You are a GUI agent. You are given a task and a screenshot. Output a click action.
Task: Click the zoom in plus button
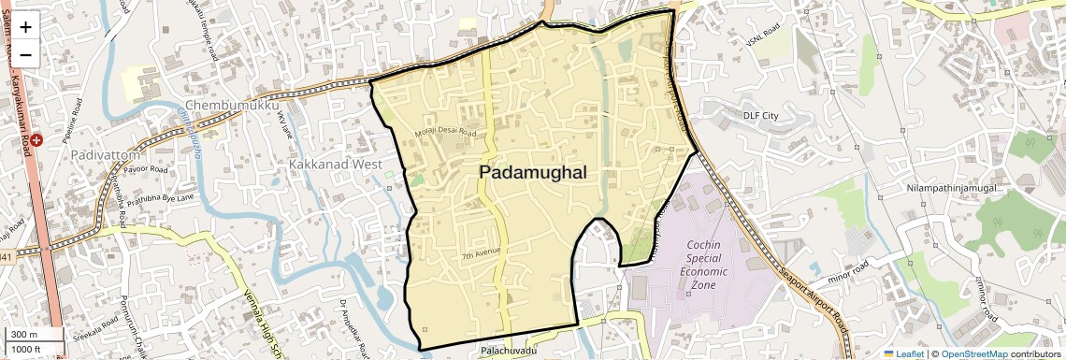pos(25,26)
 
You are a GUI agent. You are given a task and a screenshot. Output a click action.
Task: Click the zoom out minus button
pos(25,54)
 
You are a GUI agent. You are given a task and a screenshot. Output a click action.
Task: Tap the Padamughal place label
pos(533,172)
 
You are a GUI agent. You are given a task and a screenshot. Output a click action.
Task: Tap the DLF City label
pos(760,115)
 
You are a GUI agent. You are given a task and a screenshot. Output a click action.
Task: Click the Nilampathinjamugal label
pos(951,188)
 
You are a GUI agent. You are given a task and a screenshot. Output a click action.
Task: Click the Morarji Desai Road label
pos(446,133)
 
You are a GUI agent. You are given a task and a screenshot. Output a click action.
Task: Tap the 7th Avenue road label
pos(482,252)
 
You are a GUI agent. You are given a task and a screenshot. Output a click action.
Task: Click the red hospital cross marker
pos(36,140)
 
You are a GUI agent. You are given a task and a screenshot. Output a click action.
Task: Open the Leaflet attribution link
pos(903,354)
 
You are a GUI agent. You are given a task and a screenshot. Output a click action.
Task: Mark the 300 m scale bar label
pos(25,335)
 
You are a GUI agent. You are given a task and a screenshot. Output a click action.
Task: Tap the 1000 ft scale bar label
pos(27,349)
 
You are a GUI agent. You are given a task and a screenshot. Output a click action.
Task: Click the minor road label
pos(836,278)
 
